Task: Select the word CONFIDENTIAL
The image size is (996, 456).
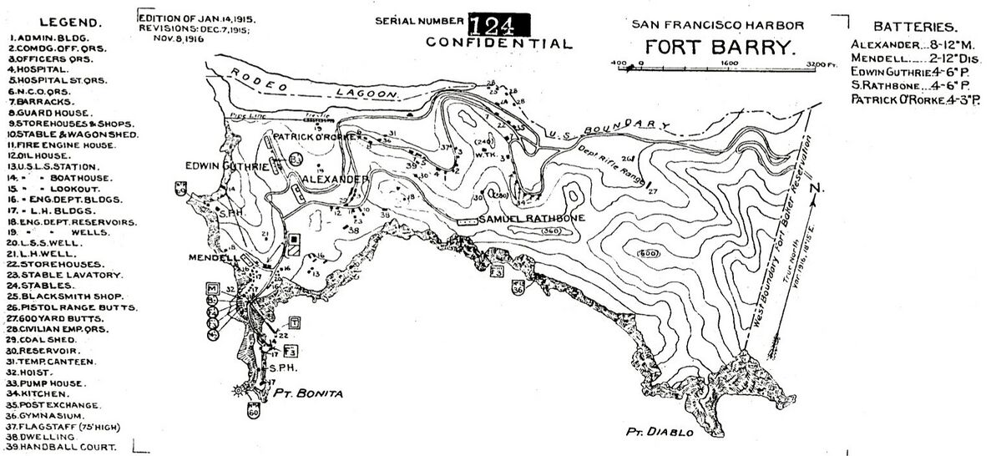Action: pos(499,43)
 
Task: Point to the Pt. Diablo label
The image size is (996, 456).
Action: pos(659,432)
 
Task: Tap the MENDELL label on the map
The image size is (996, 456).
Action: pos(208,257)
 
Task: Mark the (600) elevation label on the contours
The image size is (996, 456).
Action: pos(647,253)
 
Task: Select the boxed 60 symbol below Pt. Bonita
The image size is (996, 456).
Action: pos(254,411)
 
